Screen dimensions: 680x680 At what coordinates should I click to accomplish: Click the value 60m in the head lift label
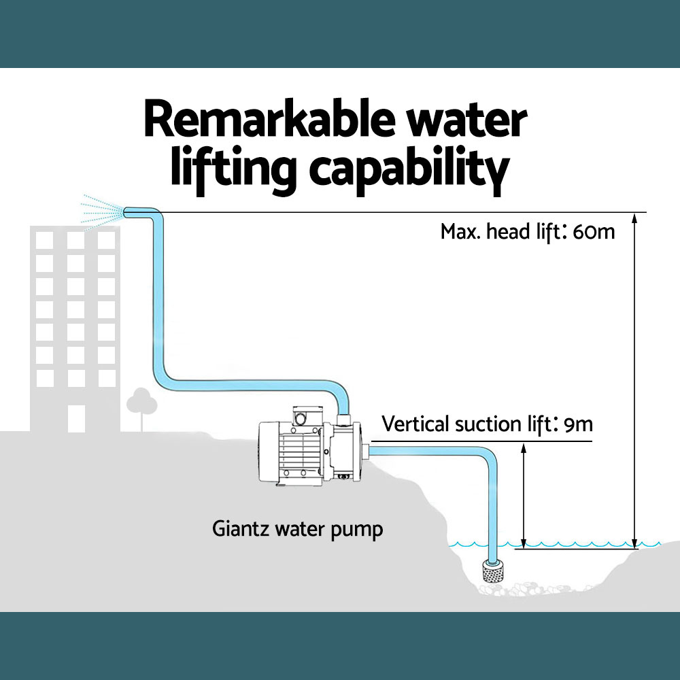coord(594,232)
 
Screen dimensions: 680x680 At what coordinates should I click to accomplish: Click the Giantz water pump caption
coord(298,528)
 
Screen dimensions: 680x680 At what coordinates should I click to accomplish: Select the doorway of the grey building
coord(76,418)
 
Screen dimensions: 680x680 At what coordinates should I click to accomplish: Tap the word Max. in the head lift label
coord(460,232)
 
